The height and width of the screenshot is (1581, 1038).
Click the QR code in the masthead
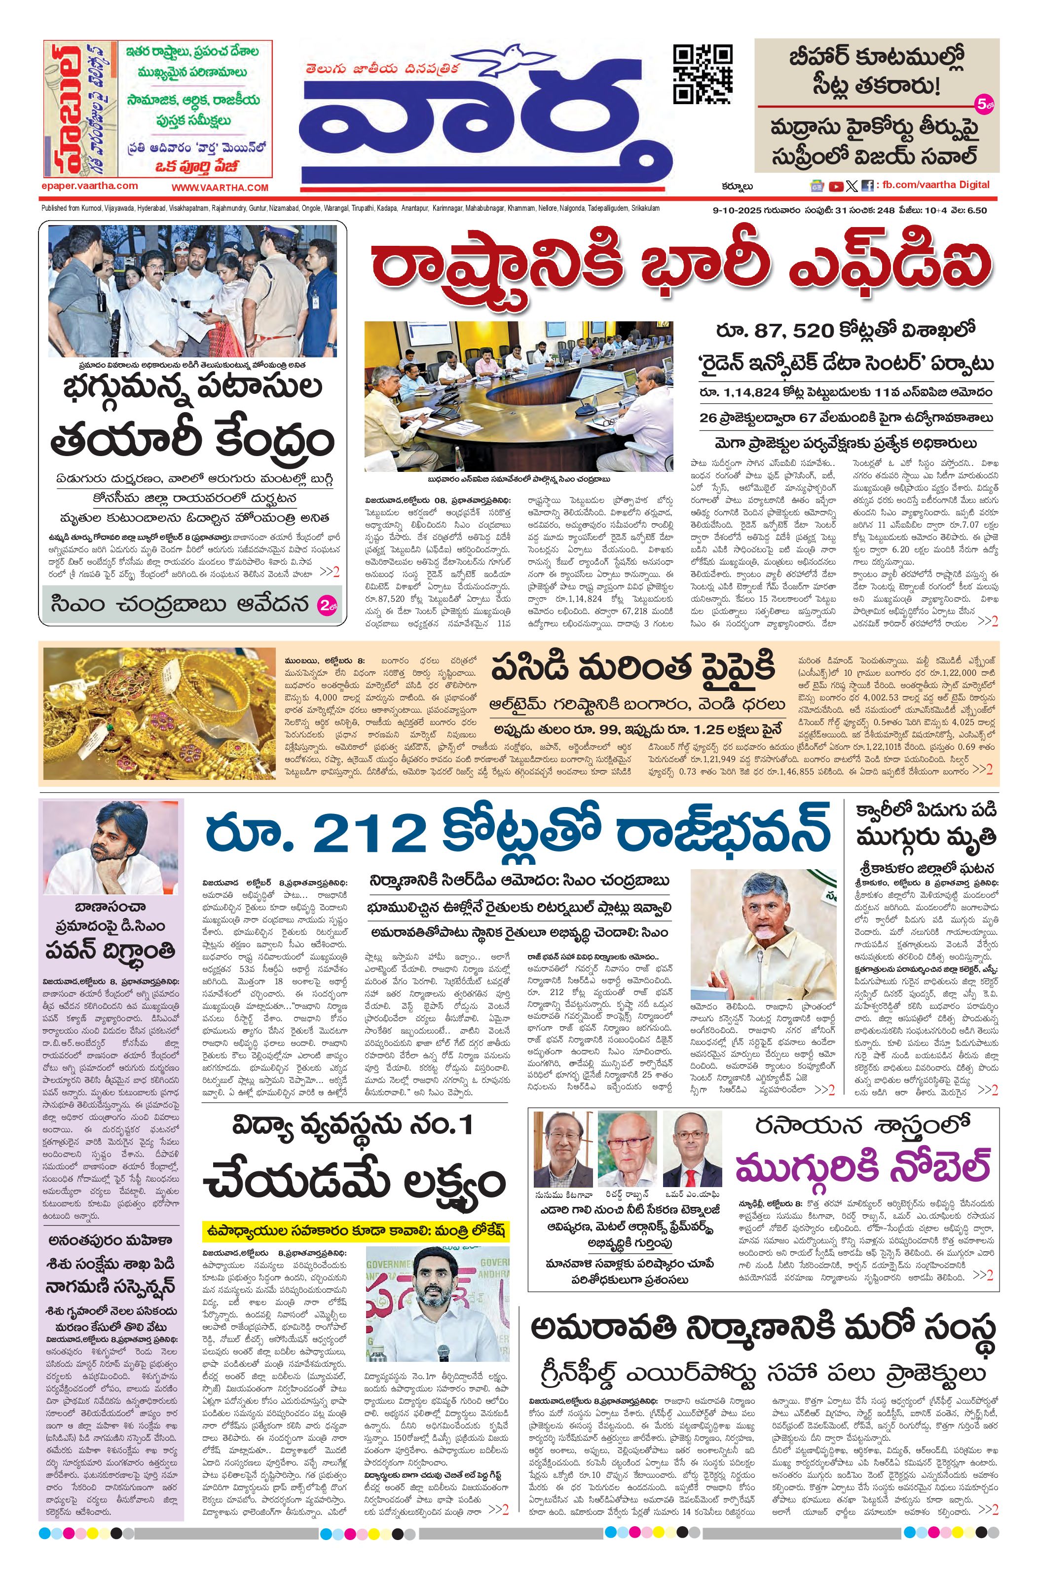tap(703, 75)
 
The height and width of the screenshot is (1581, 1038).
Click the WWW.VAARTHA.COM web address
tap(220, 188)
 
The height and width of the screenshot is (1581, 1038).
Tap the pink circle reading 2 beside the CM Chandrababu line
tap(328, 606)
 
